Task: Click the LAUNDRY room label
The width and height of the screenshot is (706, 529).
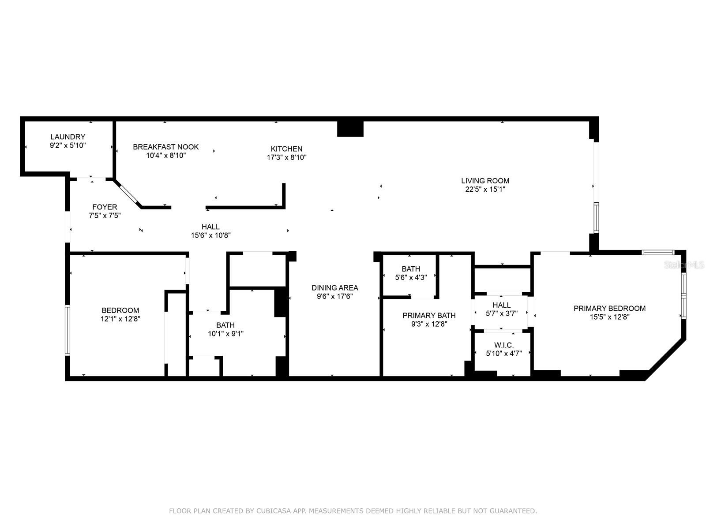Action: coord(68,137)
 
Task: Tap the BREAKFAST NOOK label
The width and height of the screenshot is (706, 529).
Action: coord(165,147)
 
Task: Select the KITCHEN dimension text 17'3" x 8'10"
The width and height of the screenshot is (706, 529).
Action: coord(286,157)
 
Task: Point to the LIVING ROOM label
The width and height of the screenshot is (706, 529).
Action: coord(485,181)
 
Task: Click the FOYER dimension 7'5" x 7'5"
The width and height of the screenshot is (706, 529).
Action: coord(105,216)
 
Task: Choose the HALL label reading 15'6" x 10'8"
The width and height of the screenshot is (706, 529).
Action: coord(210,227)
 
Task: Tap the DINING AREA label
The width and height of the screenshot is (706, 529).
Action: coord(334,288)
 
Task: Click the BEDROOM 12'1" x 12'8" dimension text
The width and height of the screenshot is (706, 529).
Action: coord(120,319)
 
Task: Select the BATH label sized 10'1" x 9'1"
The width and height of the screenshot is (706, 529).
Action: coord(225,325)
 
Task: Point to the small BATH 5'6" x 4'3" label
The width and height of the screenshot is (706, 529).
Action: coord(411,269)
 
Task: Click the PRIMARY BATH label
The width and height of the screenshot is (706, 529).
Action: coord(429,315)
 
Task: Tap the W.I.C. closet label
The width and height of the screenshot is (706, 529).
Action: coord(504,345)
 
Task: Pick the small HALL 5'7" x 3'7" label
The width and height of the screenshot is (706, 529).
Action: coord(501,305)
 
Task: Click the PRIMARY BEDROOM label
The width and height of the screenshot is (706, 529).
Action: coord(609,308)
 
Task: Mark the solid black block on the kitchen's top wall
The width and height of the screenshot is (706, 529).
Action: coord(350,128)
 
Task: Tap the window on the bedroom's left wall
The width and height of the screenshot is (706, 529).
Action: coord(68,330)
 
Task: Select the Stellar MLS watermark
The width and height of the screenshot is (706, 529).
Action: coord(683,265)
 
